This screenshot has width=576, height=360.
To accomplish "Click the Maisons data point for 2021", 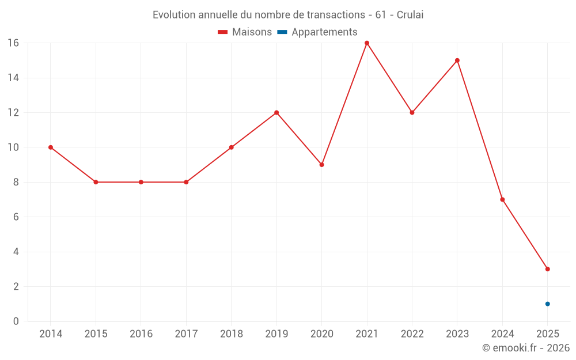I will coord(367,43).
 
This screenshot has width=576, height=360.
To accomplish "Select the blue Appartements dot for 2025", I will coord(548,304).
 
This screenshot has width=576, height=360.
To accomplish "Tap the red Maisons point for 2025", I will coord(548,269).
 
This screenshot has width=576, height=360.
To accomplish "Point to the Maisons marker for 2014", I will coord(51,147).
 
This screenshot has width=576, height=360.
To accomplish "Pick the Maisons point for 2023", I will coord(457,60).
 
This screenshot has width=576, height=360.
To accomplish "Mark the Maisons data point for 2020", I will coord(322,165).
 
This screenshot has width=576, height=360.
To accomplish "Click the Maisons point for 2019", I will coord(276,112).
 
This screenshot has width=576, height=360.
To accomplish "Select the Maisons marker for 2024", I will coord(502,199).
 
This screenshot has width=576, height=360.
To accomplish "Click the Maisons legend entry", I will coord(245,32).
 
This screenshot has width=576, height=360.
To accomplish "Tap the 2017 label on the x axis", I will coord(186,334).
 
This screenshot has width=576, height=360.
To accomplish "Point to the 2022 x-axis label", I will coord(412,334).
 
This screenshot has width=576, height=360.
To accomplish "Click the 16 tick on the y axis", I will coord(13,43).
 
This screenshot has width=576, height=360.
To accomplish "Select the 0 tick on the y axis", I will coord(16,321).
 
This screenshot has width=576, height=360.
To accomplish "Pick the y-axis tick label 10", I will coord(13,147).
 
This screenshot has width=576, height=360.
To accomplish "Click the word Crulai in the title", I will coord(410,15).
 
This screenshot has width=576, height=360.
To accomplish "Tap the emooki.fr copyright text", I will coord(526,348).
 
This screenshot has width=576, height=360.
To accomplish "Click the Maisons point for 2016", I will coord(141,182).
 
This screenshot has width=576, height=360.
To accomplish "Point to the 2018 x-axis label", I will coord(232,334).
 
